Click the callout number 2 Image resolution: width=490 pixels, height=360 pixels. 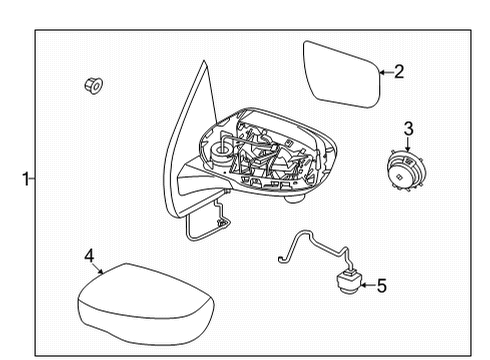398,71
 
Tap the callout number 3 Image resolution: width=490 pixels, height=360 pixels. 408,127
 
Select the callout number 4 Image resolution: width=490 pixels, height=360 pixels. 89,257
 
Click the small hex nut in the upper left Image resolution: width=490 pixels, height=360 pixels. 92,88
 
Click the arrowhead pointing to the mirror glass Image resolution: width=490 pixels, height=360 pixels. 381,72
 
